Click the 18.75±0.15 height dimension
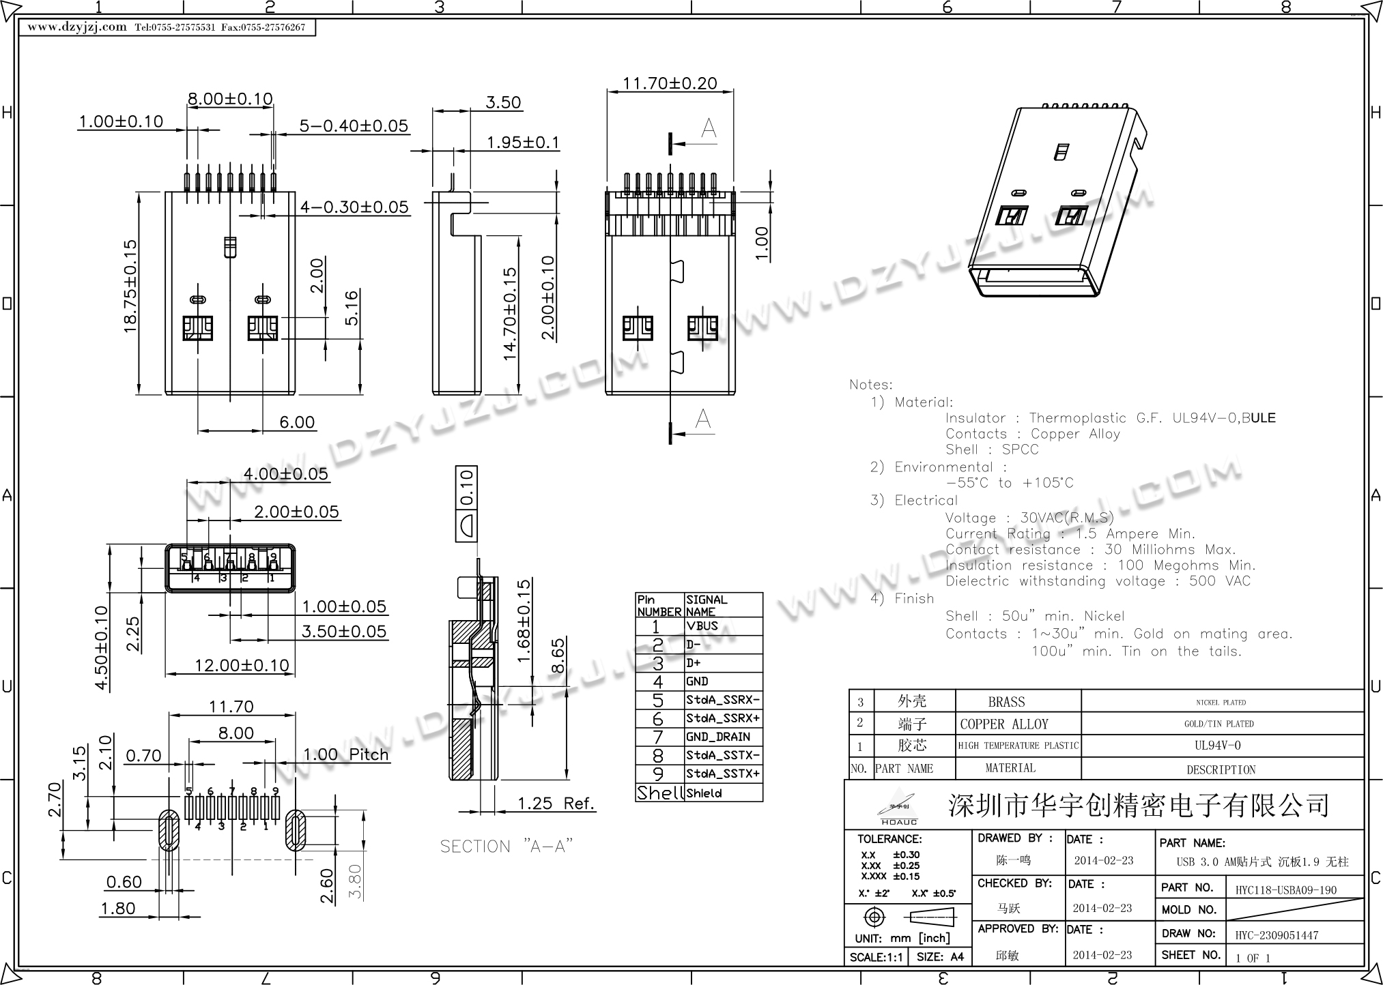point(130,286)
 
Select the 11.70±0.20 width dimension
point(670,83)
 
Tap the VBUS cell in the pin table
point(702,626)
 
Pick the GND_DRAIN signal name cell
point(718,737)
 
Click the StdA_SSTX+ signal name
point(722,774)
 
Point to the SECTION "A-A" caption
point(506,847)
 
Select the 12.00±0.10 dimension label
point(242,665)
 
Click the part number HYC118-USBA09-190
point(1285,890)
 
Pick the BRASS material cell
point(1006,702)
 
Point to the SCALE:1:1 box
point(876,957)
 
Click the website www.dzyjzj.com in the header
point(77,27)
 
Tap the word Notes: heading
point(870,385)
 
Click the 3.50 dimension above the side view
point(503,102)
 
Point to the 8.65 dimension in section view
point(558,656)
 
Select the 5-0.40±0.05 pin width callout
point(354,126)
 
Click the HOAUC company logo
point(897,808)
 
